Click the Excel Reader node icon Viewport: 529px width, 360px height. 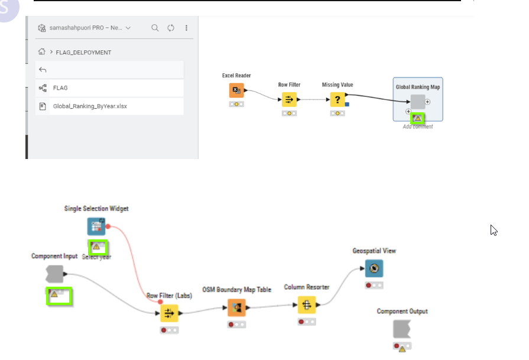236,90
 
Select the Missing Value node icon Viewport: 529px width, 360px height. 337,99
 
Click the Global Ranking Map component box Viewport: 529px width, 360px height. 418,102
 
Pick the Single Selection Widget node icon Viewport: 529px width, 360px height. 96,226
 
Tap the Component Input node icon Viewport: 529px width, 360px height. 54,274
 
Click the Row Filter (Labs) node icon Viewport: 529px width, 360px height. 169,313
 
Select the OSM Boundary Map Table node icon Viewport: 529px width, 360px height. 236,307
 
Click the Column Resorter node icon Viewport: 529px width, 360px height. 306,305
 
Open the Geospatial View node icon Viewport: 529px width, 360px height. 374,268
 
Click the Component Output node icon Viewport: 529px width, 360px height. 402,329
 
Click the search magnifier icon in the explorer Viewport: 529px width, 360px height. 155,28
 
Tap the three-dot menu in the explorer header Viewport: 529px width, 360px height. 187,28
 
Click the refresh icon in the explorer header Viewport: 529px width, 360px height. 171,28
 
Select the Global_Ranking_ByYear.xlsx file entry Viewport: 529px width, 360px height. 90,106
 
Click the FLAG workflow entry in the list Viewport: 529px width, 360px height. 60,87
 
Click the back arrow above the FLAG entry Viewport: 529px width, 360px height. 43,70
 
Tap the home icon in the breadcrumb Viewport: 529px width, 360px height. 41,52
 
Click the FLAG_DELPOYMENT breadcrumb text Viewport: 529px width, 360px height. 83,53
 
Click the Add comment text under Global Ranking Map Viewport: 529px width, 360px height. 418,127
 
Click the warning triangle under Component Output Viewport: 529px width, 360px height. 403,349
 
